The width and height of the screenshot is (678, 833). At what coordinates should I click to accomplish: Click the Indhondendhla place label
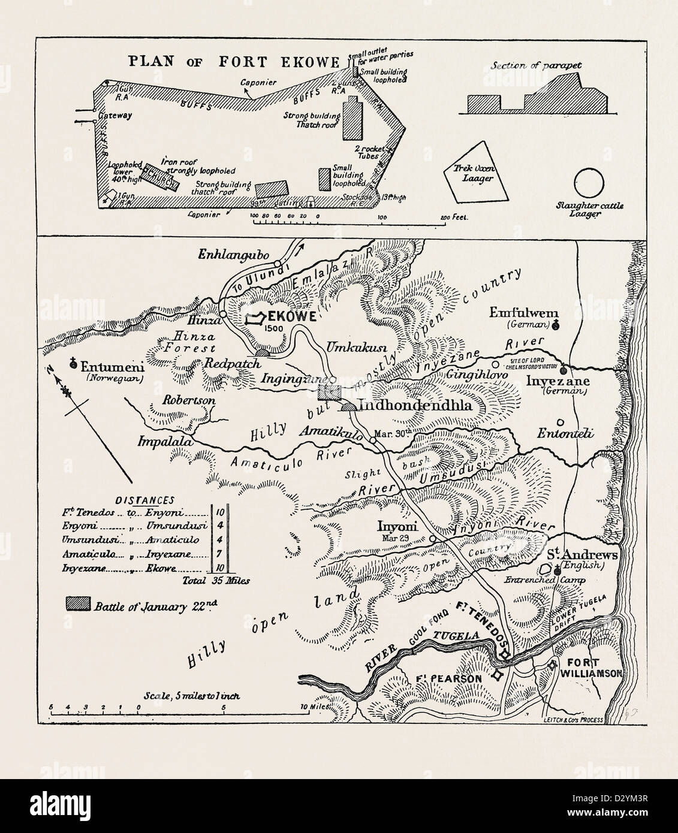click(x=415, y=406)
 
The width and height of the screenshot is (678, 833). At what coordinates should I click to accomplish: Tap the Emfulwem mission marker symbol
click(x=556, y=325)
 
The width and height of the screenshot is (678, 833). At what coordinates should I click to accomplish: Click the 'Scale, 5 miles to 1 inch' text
click(x=192, y=696)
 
